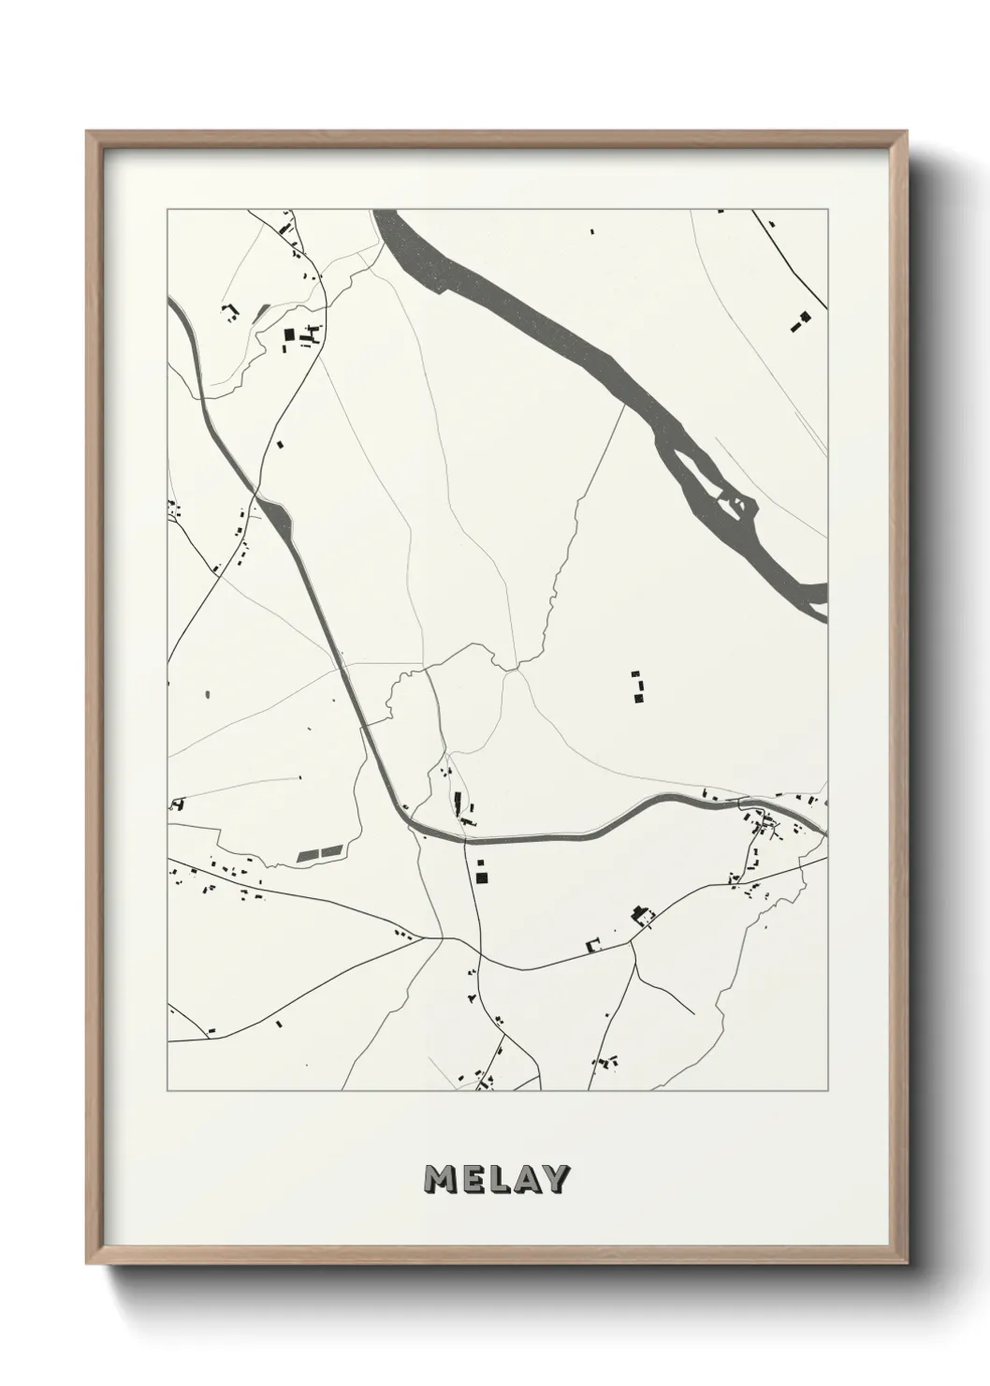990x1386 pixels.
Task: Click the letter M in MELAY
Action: [442, 1179]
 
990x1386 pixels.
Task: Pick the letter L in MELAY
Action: [499, 1179]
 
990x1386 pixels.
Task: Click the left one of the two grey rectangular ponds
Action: [308, 855]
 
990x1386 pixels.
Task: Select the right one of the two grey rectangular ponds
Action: [332, 851]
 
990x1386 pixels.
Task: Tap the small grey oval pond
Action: [206, 695]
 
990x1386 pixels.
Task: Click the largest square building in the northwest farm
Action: [289, 333]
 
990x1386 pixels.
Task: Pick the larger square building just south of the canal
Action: [483, 877]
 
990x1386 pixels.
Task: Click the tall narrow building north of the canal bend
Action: [459, 802]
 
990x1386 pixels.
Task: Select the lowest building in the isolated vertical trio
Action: [640, 699]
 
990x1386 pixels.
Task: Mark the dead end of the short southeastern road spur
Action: [693, 1014]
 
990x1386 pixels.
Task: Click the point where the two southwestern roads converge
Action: [440, 936]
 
